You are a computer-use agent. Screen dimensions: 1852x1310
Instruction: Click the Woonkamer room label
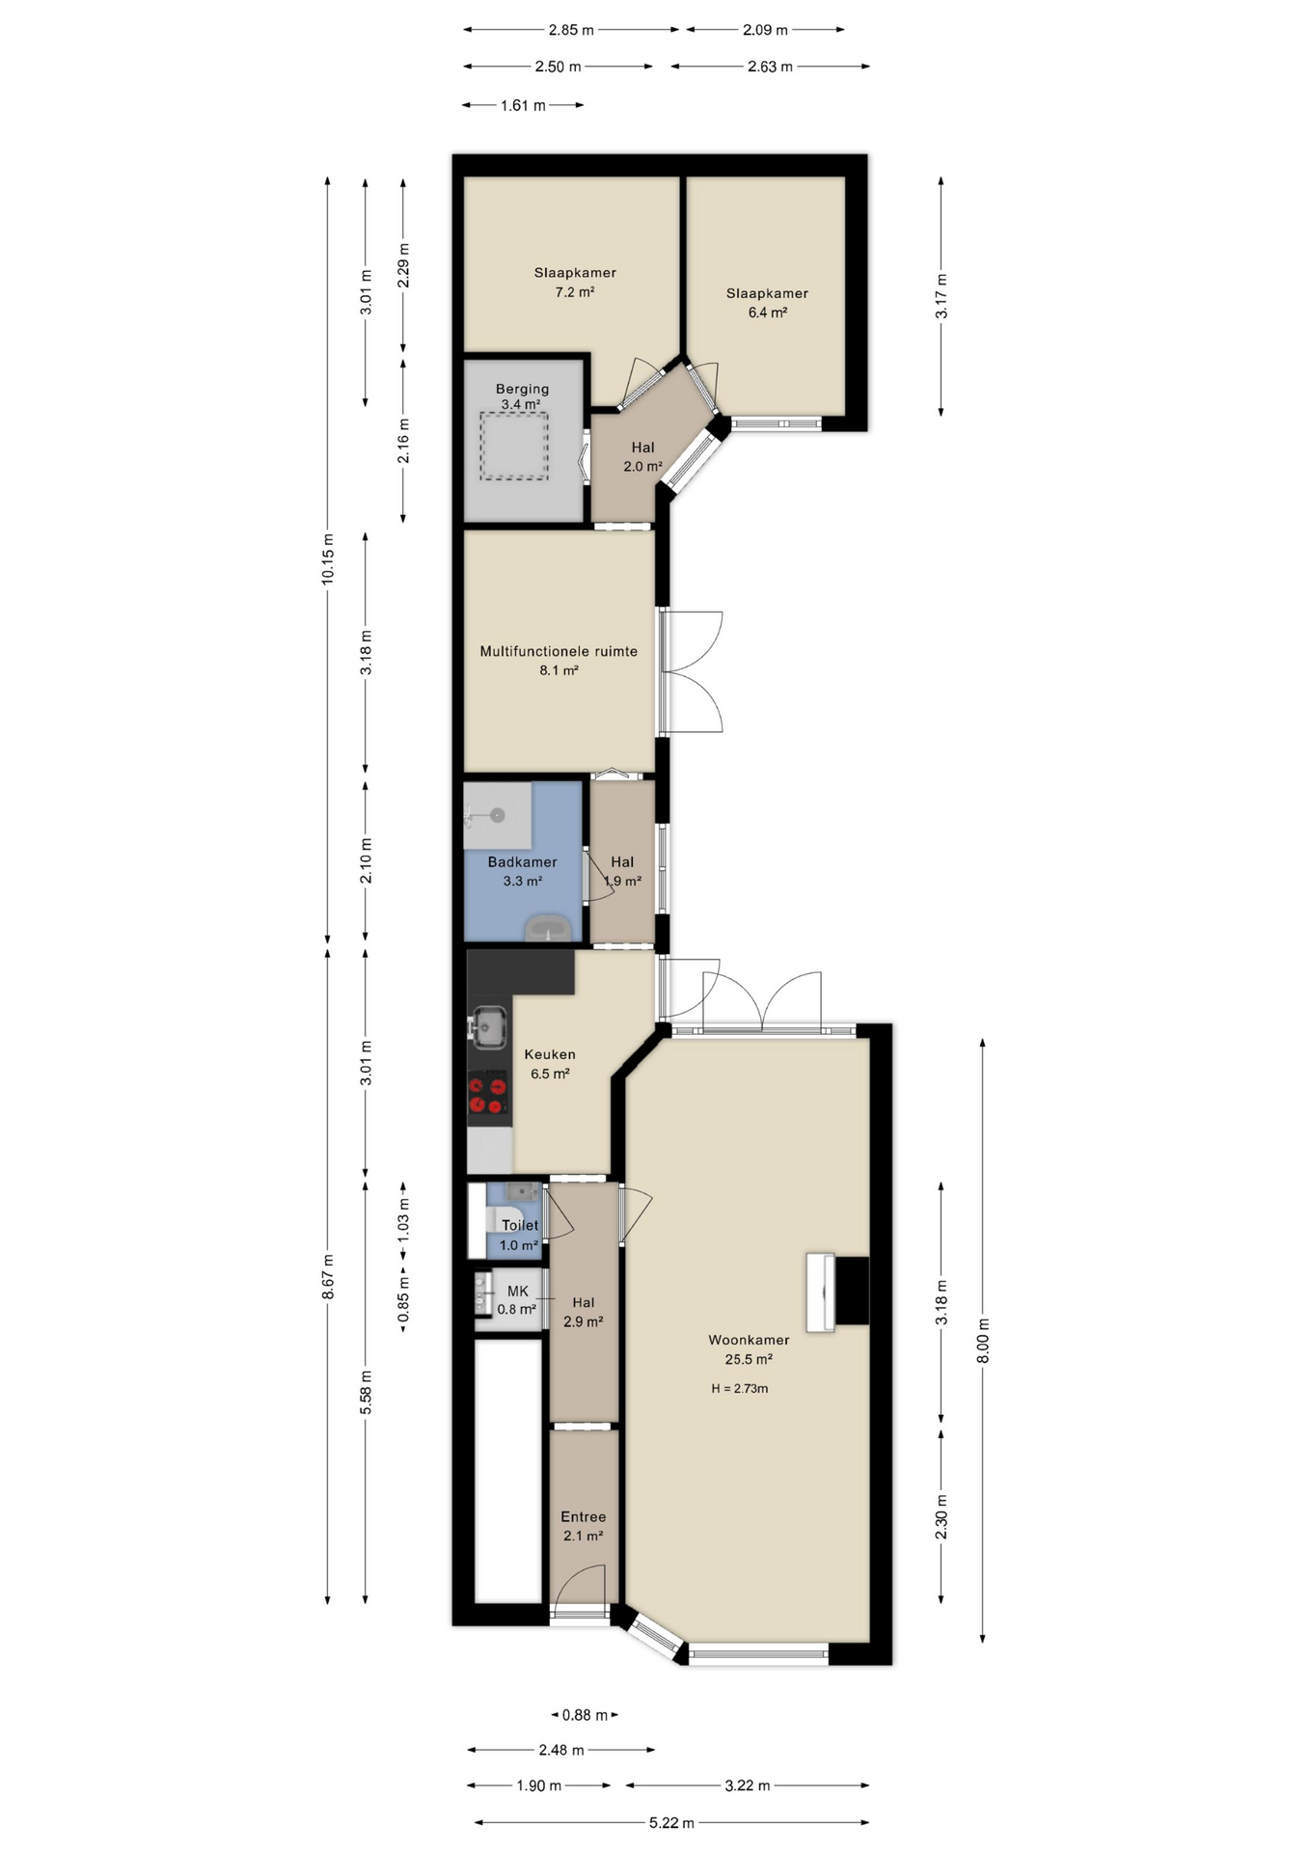749,1340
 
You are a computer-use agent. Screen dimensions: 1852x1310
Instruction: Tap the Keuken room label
550,1054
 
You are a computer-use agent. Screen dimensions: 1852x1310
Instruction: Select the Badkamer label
522,862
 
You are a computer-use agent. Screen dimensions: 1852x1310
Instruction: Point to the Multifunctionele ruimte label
559,651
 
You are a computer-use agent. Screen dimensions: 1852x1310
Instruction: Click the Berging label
522,389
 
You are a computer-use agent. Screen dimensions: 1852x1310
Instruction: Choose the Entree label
584,1517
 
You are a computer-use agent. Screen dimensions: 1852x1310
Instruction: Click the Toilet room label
520,1226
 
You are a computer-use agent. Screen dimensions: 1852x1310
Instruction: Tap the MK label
518,1292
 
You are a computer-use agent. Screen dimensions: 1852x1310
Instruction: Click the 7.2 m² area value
575,292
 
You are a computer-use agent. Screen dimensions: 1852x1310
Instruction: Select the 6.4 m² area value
768,313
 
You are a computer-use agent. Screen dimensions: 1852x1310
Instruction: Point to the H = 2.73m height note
740,1389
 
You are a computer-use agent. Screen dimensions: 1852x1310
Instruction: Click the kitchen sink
488,1027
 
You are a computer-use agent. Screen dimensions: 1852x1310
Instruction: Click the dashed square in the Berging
515,447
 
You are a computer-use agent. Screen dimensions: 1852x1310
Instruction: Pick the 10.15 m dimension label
328,558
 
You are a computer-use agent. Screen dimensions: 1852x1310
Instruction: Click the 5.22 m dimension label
671,1823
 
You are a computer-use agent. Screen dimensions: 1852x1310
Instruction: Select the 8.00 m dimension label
983,1341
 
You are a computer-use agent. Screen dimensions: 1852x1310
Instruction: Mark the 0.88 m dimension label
585,1715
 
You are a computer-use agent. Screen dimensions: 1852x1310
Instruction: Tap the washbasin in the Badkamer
549,930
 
